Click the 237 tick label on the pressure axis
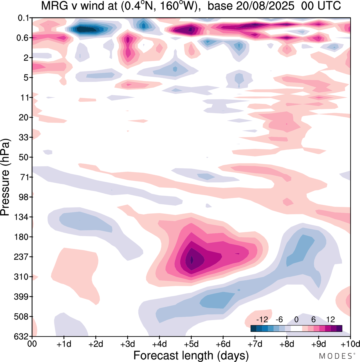[21, 257]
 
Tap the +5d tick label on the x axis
[191, 344]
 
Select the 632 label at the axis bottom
[21, 336]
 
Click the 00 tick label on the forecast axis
[32, 344]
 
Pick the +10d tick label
[350, 344]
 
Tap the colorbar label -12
[262, 320]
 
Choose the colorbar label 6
[313, 320]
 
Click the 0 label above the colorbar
[296, 320]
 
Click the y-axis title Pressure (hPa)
[6, 177]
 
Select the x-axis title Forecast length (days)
[191, 356]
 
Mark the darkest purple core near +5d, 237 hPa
[192, 259]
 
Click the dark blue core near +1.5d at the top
[83, 29]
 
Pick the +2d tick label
[96, 344]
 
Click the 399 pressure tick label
[21, 297]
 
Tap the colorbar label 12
[330, 320]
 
